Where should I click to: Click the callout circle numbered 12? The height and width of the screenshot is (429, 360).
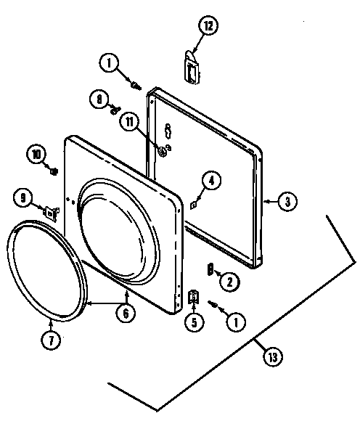[x=208, y=25]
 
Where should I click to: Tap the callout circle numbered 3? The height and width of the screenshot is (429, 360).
[x=287, y=201]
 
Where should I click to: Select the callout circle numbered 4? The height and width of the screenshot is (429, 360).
[x=211, y=180]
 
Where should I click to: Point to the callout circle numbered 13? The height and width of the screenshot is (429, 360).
[x=273, y=356]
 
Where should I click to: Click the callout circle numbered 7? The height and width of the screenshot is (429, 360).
[x=51, y=340]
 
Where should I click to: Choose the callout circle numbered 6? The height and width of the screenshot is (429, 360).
[x=126, y=314]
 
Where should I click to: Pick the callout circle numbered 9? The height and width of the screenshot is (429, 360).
[x=23, y=197]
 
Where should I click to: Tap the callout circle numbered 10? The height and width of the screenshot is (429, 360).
[x=36, y=155]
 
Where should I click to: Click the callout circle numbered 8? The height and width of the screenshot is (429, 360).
[x=99, y=99]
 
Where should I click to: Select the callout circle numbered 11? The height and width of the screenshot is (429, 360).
[x=129, y=122]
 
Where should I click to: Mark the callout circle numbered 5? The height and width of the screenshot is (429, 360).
[x=194, y=322]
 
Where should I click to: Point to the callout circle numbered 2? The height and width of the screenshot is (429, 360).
[x=229, y=281]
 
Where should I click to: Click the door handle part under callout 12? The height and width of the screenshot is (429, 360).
[x=192, y=68]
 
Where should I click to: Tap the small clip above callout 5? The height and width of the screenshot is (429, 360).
[x=193, y=297]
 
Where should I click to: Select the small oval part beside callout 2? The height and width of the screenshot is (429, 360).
[x=210, y=270]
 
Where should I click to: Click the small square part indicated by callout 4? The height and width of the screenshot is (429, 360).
[x=194, y=204]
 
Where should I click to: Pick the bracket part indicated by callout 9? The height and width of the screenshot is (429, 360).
[x=51, y=212]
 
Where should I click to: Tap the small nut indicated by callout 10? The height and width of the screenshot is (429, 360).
[x=54, y=171]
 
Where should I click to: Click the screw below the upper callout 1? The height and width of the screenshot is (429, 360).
[x=136, y=86]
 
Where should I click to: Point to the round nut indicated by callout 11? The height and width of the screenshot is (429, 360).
[x=163, y=151]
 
